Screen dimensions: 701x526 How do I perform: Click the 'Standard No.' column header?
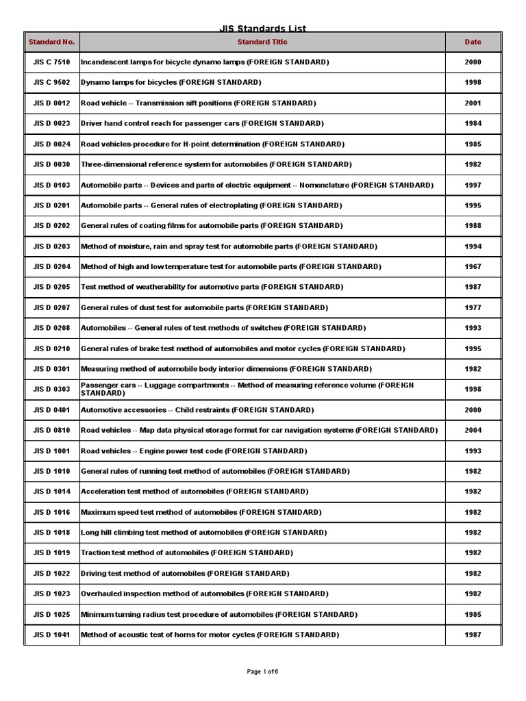51,42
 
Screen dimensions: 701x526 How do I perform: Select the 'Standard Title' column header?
262,42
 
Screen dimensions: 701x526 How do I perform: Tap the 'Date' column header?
473,42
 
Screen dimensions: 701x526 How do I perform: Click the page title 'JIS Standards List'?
262,28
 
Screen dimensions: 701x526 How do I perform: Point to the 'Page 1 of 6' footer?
262,672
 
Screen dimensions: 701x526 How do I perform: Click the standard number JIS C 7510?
51,62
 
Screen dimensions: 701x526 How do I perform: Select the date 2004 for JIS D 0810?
473,431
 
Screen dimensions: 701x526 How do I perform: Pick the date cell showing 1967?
473,267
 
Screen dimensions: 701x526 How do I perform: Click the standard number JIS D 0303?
51,390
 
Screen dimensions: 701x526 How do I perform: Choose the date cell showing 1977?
473,308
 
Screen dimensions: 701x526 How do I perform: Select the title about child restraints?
197,410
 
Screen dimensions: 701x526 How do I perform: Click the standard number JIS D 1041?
51,635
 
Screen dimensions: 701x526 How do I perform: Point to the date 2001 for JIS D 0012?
473,103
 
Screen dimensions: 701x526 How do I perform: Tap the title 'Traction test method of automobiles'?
187,553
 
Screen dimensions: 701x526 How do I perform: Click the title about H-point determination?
212,144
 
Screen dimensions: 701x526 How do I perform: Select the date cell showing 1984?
473,124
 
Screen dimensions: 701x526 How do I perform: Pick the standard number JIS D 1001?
51,451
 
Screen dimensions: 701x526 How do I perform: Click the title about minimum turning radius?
219,615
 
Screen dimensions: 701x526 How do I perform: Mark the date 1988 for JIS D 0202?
473,226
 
